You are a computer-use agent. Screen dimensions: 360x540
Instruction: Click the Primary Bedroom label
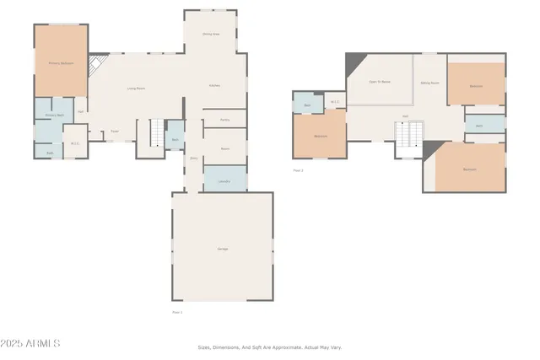60,62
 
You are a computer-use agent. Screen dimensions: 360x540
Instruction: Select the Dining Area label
211,34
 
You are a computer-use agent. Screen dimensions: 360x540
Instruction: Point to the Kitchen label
215,86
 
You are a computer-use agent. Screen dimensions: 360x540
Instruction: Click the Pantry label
224,121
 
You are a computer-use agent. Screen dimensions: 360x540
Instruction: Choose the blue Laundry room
224,180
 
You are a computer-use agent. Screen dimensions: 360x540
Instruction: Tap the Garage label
223,249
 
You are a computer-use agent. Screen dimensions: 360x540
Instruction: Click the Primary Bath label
55,115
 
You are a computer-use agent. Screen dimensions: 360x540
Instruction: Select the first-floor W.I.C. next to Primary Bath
75,142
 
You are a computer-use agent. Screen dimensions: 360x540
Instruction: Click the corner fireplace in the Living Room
97,63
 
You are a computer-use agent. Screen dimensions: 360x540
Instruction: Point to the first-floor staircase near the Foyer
157,133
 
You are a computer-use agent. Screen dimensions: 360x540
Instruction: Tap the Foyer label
114,131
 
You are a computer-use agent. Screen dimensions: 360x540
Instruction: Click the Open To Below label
380,82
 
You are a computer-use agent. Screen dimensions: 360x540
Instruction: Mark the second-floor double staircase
409,133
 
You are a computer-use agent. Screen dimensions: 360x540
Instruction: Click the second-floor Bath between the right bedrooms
478,126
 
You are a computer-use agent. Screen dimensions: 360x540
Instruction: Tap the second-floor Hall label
405,116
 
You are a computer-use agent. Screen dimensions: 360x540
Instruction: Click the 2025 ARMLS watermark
31,343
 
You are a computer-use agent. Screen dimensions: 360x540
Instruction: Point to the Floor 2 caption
298,170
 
